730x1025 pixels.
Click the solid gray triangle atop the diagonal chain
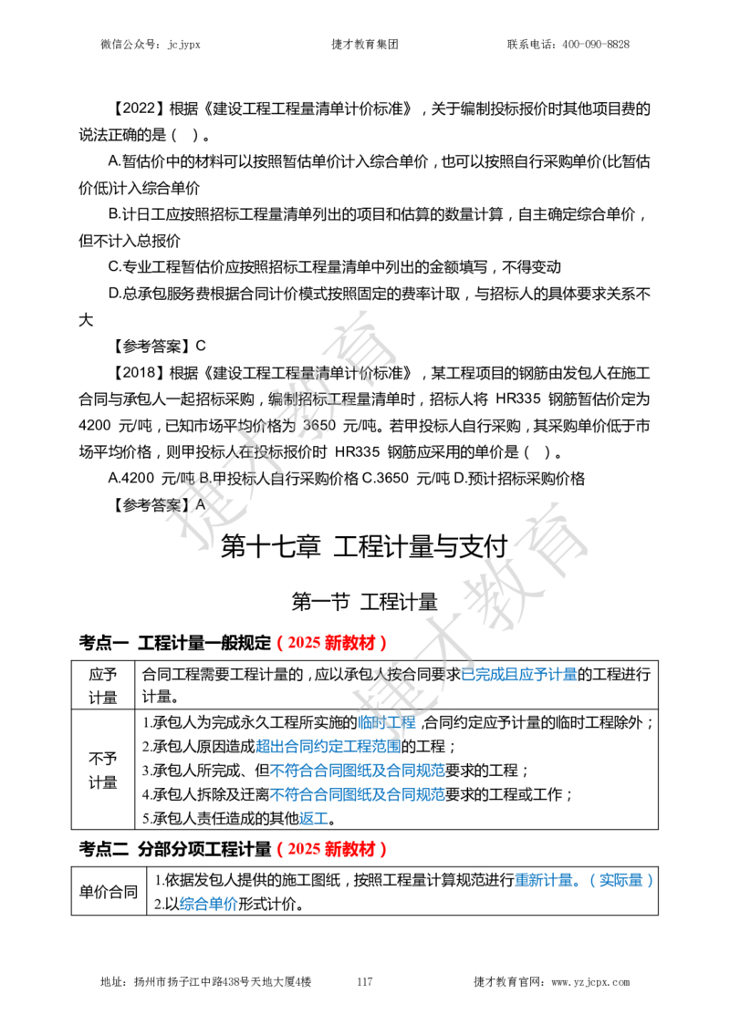point(360,339)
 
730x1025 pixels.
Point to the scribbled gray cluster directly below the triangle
point(307,401)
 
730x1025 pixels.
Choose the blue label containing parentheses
point(584,880)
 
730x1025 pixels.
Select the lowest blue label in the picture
point(208,904)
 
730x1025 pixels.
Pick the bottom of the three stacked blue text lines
point(357,794)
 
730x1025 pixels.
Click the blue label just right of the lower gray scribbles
point(518,675)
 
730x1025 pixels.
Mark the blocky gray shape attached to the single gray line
point(497,597)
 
